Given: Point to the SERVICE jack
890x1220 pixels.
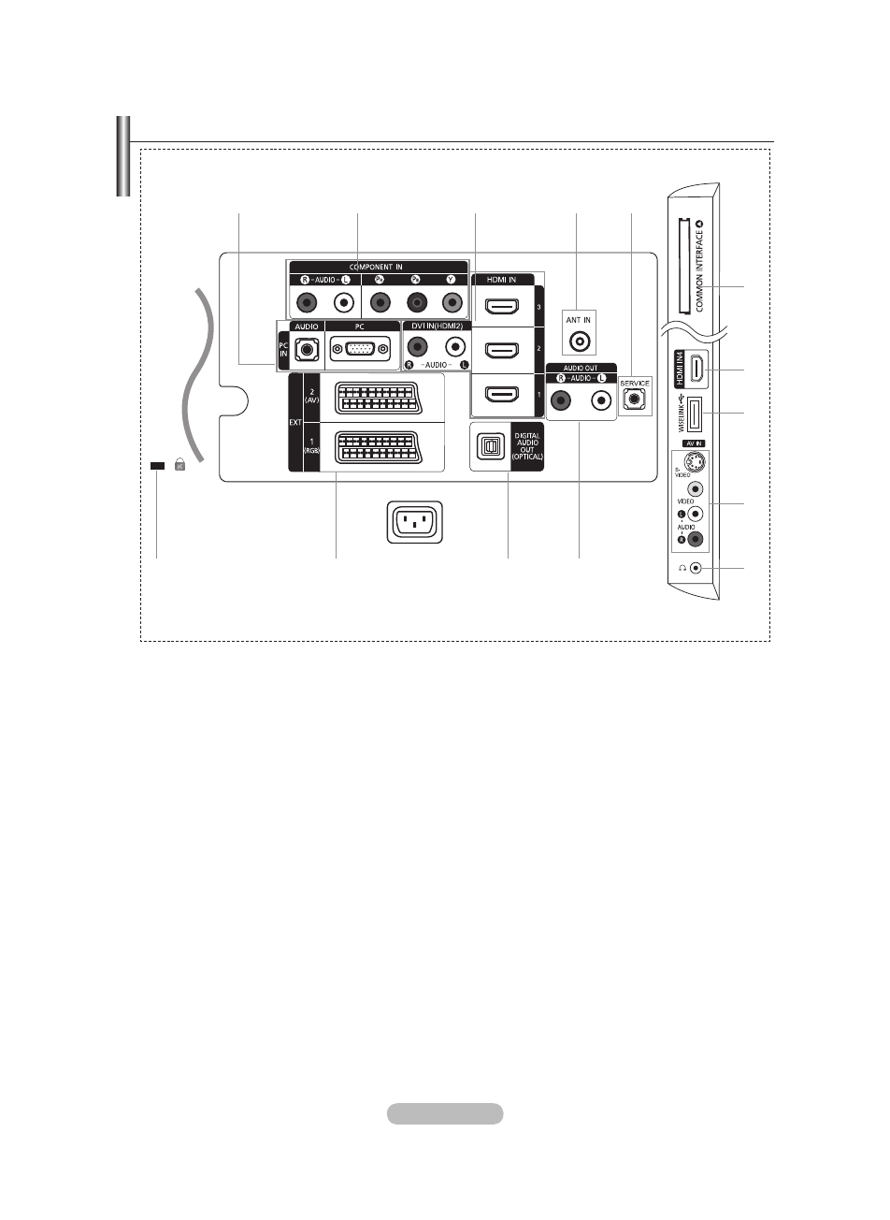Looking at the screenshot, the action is click(636, 398).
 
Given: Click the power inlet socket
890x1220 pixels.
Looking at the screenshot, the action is click(414, 522).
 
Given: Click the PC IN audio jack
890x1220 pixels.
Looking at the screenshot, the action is click(305, 349).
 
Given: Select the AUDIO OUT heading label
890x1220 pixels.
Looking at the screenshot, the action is click(581, 368).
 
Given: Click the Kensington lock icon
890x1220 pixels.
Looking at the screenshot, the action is click(179, 464).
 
